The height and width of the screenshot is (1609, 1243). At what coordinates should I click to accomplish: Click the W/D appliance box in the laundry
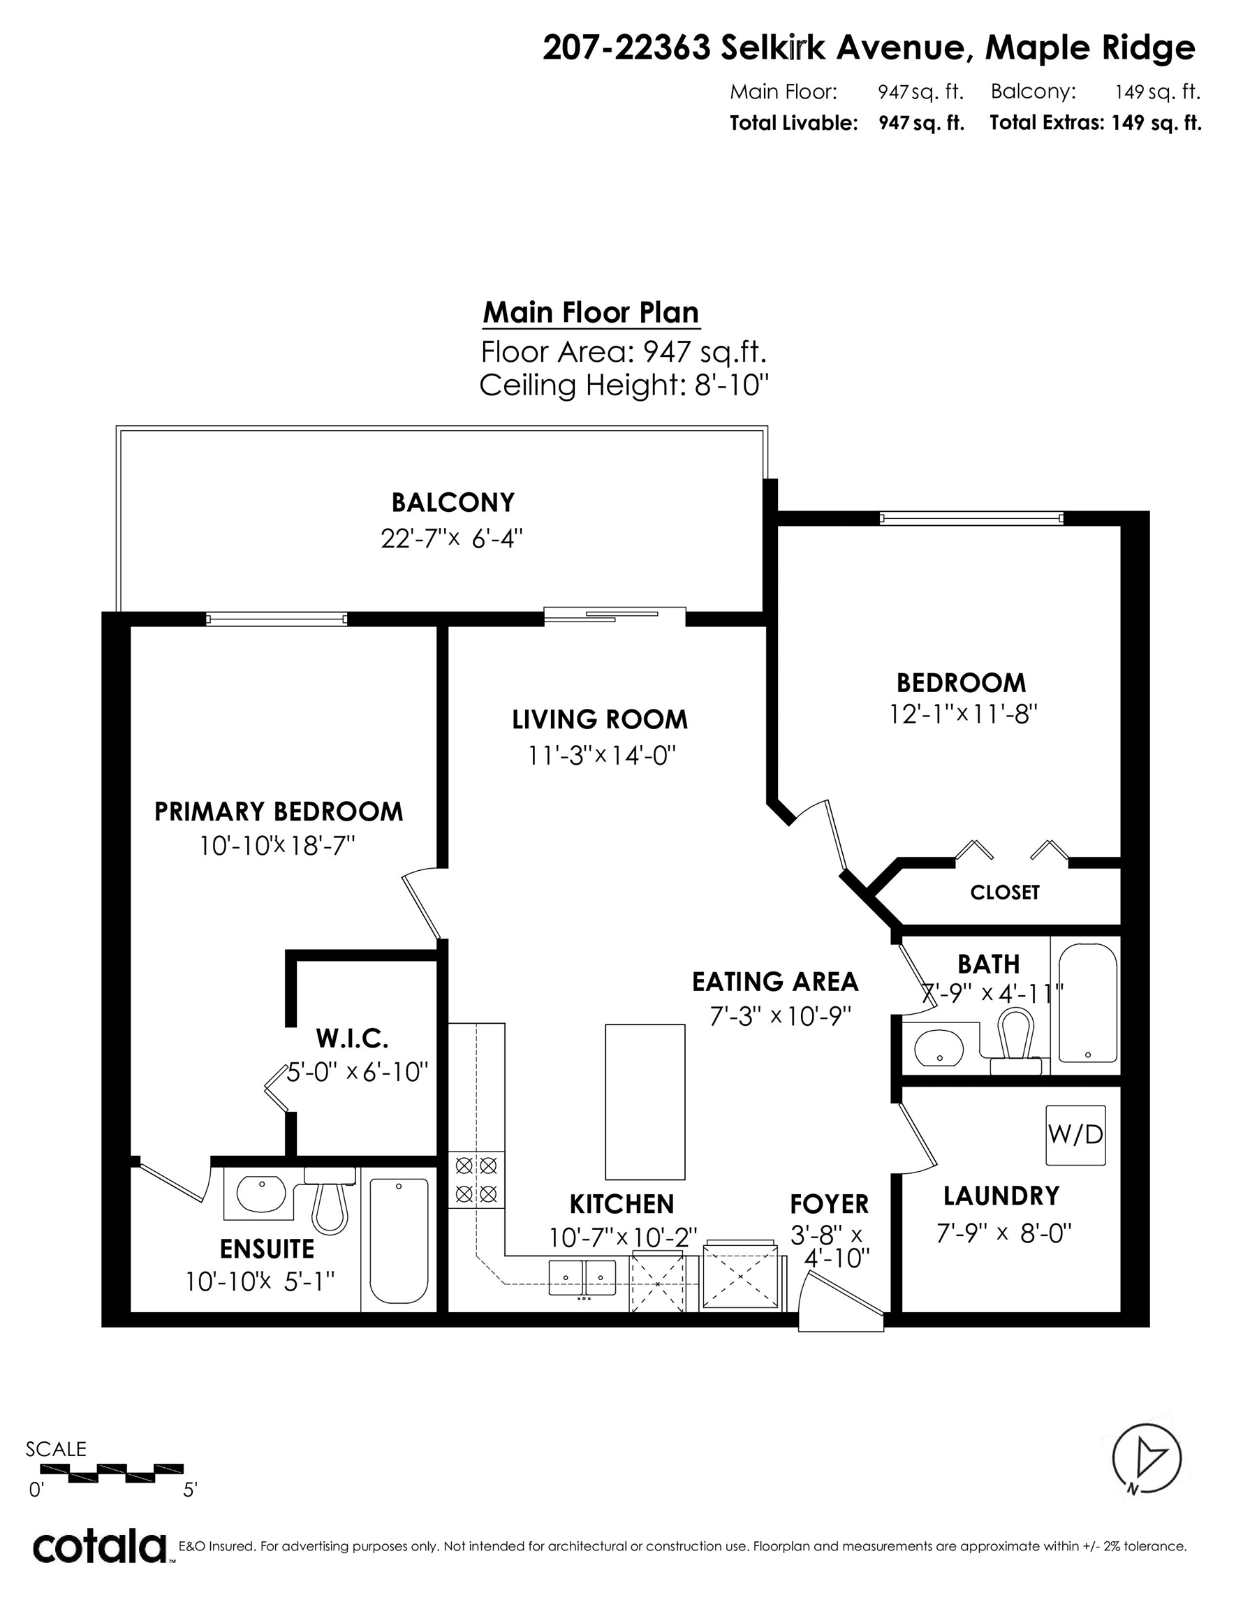pos(1075,1135)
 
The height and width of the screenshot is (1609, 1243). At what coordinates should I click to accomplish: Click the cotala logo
pos(99,1547)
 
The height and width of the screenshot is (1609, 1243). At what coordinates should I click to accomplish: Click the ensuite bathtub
pos(399,1241)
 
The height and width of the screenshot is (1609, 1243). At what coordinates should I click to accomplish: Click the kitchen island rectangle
pos(645,1101)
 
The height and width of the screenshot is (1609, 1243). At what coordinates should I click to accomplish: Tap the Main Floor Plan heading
pos(591,312)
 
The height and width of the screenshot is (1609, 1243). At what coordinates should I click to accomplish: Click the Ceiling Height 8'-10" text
pos(624,385)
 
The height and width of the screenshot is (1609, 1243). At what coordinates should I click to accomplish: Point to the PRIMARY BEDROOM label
pos(279,812)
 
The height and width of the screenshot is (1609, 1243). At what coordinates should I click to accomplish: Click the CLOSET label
pos(1004,892)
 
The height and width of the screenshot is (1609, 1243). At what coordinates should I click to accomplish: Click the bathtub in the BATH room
pos(1087,1004)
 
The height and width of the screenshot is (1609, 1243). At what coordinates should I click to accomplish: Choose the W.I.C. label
pos(351,1038)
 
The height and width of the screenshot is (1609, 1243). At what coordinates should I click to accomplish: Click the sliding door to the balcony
pos(615,615)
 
